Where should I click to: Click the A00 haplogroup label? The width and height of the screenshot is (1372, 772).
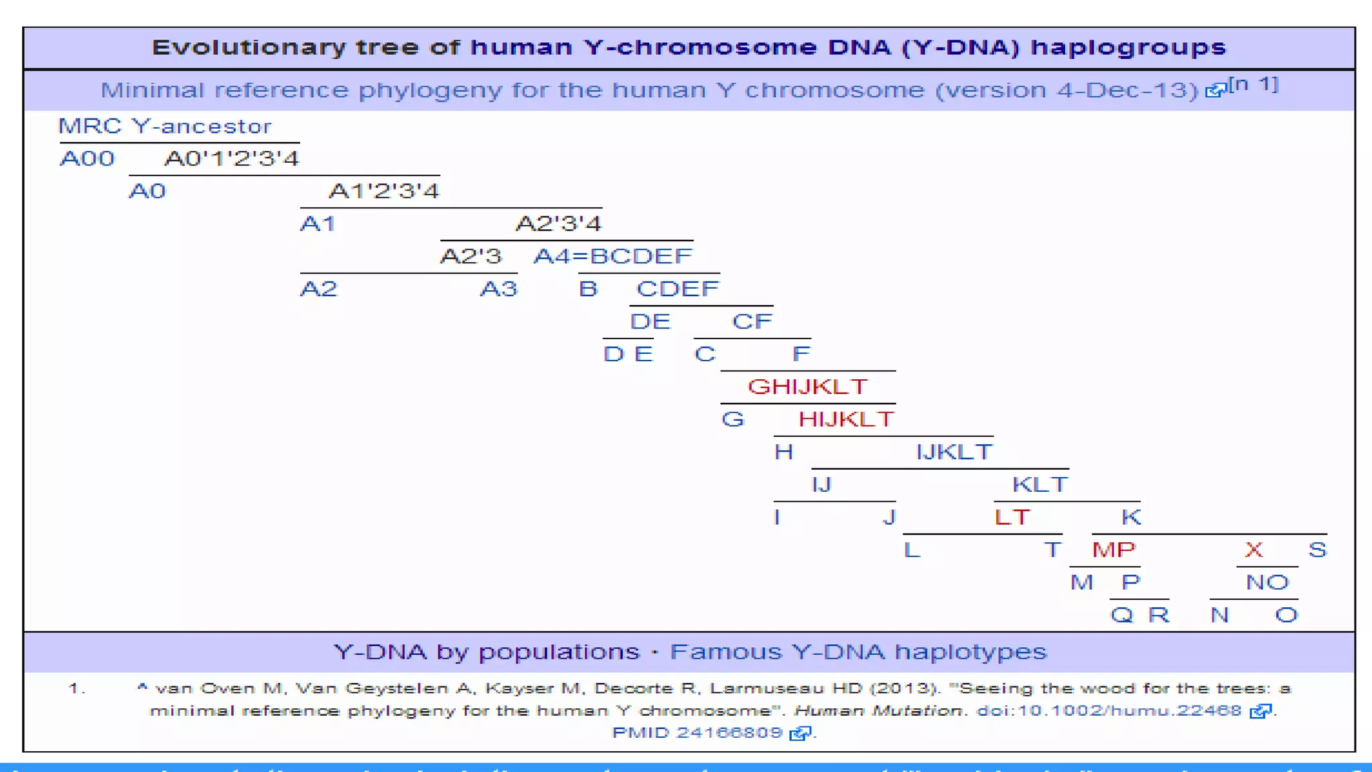point(87,159)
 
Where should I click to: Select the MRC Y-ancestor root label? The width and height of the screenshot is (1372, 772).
point(165,126)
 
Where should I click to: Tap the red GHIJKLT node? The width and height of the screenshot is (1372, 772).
point(807,387)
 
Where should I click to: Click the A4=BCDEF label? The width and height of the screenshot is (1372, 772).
point(612,256)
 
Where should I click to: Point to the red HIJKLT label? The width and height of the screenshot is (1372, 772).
point(845,420)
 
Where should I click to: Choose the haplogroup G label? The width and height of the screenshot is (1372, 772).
point(732,420)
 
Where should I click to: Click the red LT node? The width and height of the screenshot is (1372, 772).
point(1012,517)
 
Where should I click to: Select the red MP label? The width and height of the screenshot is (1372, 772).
point(1113,550)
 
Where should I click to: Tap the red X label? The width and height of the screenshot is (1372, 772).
point(1253,550)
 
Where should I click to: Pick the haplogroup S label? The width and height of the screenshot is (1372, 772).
point(1317,550)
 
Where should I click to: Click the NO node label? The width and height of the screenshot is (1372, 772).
point(1267,582)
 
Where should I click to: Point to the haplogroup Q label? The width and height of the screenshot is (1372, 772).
point(1121,615)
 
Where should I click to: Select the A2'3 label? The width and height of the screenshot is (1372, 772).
point(470,256)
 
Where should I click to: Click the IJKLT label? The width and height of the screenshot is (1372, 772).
point(954,452)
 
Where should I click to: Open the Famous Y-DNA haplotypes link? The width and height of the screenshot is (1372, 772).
point(857,652)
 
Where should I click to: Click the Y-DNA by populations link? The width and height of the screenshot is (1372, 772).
point(486,652)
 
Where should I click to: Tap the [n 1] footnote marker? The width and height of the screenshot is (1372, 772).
point(1253,84)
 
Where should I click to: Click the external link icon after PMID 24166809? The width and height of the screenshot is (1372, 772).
point(800,733)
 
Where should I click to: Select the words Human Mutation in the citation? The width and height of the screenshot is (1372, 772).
point(878,711)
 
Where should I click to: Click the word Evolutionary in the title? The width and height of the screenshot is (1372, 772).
point(248,48)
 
